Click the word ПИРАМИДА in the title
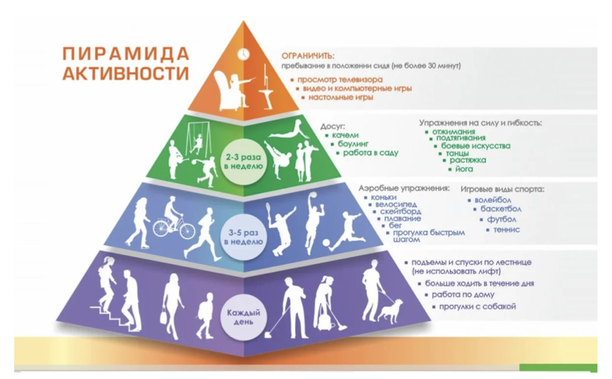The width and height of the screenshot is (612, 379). click(x=125, y=53)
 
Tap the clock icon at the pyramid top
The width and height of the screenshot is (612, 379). click(x=243, y=53)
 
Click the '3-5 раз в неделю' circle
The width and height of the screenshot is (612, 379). click(x=243, y=237)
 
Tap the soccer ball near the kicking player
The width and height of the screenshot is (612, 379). click(x=325, y=243)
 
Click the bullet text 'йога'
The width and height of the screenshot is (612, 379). click(x=463, y=169)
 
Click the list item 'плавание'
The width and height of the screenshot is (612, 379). click(x=402, y=219)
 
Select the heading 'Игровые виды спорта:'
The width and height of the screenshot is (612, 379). click(x=502, y=189)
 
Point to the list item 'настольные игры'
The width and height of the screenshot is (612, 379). click(x=341, y=97)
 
